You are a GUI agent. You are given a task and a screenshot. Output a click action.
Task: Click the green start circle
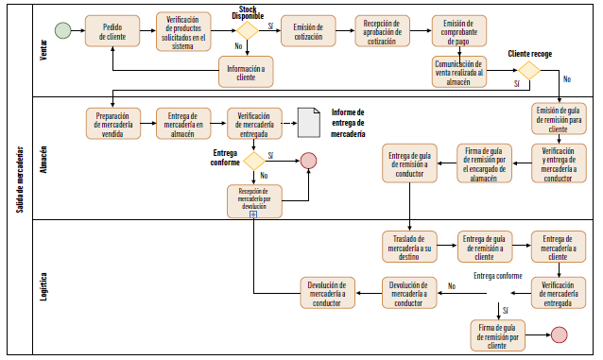(62, 31)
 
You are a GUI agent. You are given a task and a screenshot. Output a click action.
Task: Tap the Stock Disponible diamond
(247, 30)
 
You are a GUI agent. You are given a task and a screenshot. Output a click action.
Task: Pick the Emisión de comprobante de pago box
(459, 32)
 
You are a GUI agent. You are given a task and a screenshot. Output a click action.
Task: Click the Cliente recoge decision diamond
(527, 69)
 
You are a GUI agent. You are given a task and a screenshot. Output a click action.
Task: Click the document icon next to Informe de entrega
(307, 121)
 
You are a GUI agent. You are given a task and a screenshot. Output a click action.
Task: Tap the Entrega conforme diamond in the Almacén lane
(254, 161)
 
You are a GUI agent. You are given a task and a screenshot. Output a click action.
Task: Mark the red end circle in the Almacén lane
(308, 161)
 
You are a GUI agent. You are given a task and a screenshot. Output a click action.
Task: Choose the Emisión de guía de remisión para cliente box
(559, 120)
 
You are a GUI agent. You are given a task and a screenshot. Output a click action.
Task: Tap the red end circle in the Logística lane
(559, 334)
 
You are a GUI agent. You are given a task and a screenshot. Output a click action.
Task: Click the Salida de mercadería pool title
(19, 180)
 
